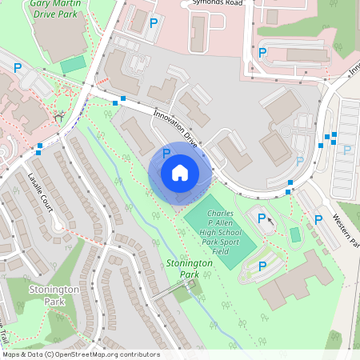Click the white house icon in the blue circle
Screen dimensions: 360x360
(180, 173)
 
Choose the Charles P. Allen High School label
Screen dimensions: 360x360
(231, 233)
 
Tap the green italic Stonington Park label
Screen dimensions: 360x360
(190, 269)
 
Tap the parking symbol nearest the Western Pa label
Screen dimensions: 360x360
(318, 219)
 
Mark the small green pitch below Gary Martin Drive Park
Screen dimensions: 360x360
(73, 63)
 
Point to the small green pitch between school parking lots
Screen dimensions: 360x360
(295, 234)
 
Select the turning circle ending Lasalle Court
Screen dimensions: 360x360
(55, 234)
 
